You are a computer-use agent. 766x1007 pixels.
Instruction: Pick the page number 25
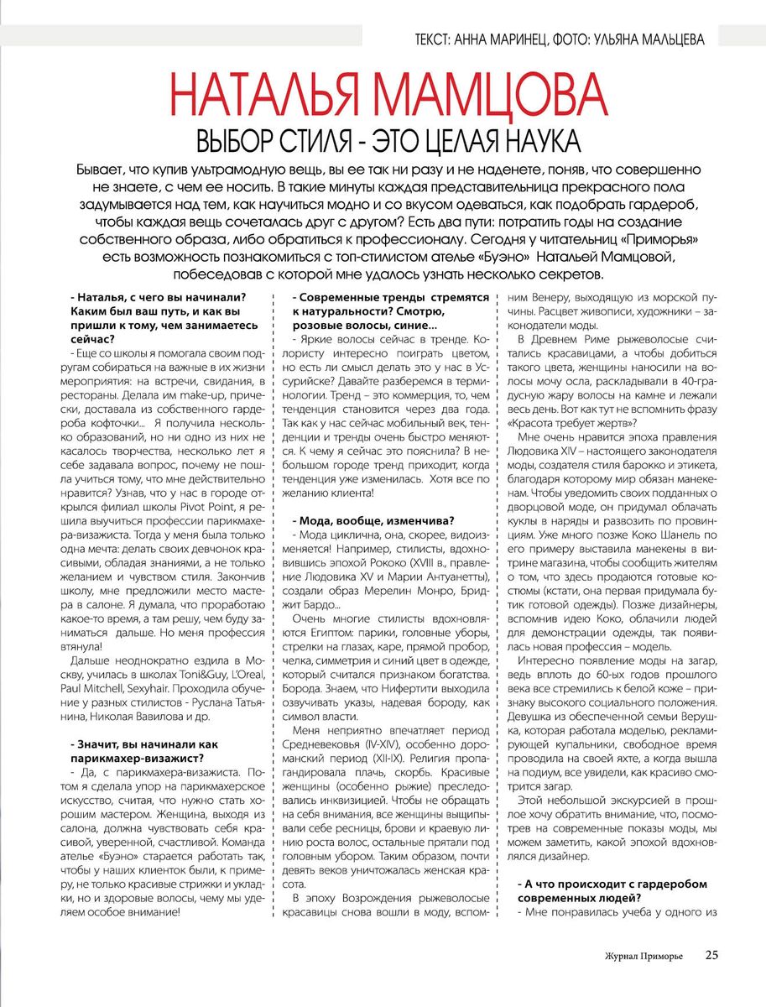[711, 955]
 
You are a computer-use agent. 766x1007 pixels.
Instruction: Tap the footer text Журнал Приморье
[644, 956]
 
